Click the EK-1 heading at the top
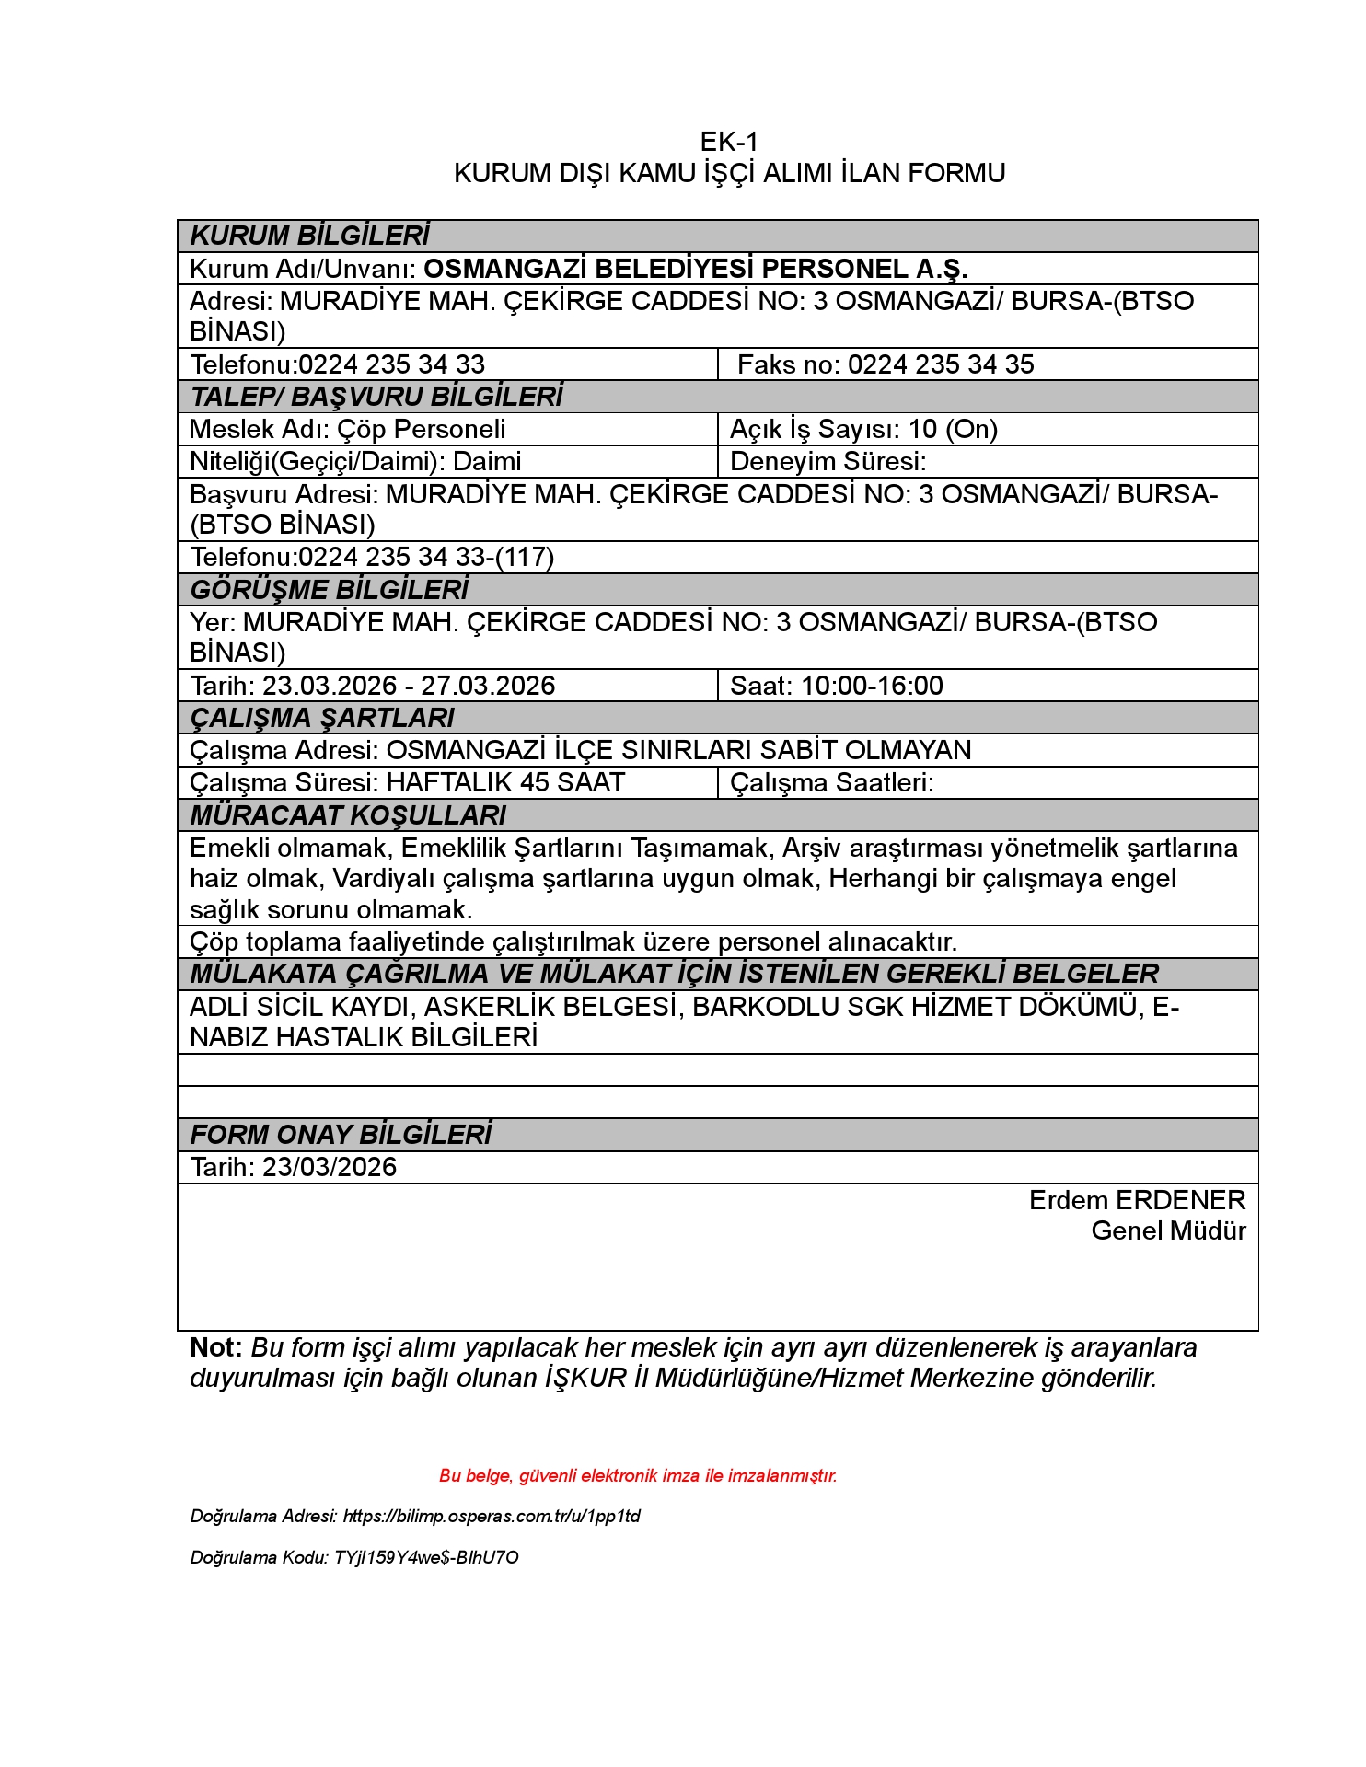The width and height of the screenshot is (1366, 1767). coord(728,142)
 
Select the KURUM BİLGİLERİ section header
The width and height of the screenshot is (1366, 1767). coord(309,236)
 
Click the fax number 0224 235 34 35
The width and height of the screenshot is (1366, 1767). coord(940,364)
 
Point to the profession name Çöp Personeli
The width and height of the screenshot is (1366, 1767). coord(422,429)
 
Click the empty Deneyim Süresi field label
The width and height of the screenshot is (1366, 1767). coord(828,461)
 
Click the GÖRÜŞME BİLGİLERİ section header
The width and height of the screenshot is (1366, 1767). coord(329,589)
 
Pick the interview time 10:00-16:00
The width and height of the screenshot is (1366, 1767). coord(872,686)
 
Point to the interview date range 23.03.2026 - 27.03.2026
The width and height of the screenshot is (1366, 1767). coord(409,686)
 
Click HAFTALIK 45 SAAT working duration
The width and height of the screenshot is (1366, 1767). coord(505,782)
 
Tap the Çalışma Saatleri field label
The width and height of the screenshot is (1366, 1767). coord(831,782)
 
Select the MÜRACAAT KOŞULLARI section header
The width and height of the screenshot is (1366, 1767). coord(348,815)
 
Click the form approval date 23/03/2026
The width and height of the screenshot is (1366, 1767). coord(330,1167)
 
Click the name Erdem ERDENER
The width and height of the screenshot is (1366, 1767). coord(1137,1200)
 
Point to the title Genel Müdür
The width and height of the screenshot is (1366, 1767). coord(1168,1230)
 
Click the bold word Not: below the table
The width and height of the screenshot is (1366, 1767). coord(216,1347)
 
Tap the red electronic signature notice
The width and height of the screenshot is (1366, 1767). coord(638,1476)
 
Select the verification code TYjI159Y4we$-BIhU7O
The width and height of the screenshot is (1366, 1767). coord(426,1558)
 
